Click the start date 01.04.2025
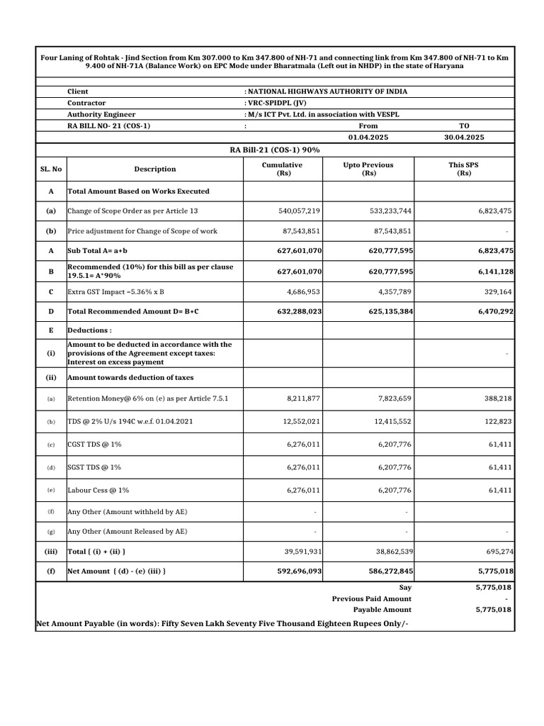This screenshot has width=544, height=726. (368, 138)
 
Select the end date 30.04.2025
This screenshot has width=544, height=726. (464, 138)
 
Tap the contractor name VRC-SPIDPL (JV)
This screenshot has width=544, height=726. (276, 103)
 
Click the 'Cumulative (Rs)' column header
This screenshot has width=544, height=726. (283, 169)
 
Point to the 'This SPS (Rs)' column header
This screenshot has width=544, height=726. (464, 169)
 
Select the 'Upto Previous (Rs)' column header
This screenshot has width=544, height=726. (368, 169)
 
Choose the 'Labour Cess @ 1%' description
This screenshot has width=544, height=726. (98, 490)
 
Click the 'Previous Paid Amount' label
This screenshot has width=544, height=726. (371, 598)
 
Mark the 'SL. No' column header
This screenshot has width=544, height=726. (50, 169)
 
